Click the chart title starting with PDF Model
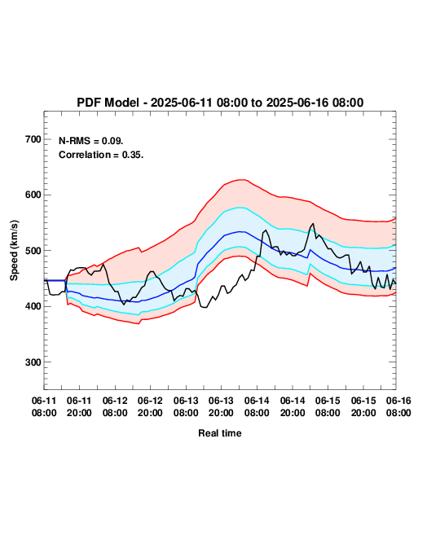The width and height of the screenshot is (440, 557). coord(220,103)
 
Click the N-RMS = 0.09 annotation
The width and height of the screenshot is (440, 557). coord(91,141)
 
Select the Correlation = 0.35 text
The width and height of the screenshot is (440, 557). coord(101,155)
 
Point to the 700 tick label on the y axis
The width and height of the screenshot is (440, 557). coord(33,139)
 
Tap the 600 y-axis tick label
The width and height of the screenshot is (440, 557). coord(33,195)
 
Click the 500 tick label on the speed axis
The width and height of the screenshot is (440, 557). coord(33,251)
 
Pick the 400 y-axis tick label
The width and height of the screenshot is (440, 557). coord(33,306)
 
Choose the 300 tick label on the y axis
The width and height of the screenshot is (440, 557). coord(33,362)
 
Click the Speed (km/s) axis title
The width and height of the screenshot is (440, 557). coord(14,251)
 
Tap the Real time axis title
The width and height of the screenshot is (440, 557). coord(220,433)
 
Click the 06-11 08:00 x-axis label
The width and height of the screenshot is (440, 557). coord(44,406)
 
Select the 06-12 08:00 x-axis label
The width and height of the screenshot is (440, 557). coord(115,406)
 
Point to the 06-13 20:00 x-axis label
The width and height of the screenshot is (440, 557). coord(221,406)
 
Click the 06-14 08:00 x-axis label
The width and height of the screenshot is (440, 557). coord(257,406)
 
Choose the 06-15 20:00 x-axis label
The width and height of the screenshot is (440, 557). coord(363,406)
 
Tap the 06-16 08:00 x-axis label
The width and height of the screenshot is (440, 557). coord(398,406)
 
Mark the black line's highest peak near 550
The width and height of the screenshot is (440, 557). coord(313,223)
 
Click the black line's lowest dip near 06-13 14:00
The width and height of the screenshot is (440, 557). coord(205,307)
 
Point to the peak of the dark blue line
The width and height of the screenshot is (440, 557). coord(240,231)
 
